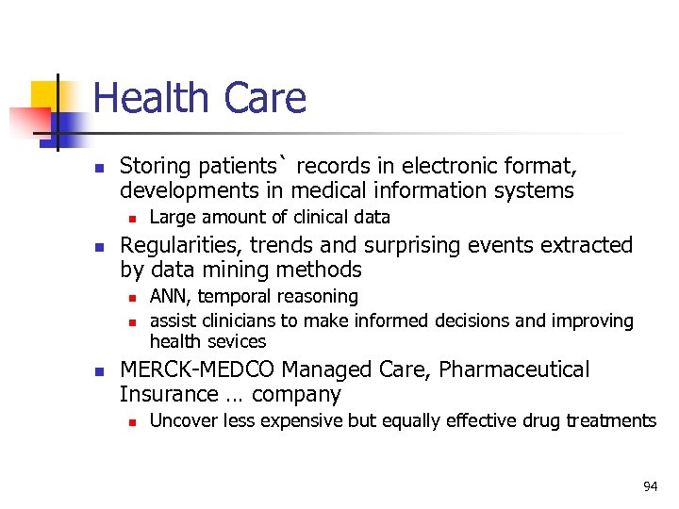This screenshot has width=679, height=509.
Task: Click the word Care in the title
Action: [265, 98]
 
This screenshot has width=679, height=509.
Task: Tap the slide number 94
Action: [650, 486]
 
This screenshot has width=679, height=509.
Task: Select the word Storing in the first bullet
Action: [156, 167]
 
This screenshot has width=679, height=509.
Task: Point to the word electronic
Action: [447, 167]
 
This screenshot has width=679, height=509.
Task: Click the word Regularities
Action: [176, 245]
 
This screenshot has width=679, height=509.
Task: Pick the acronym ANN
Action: [170, 297]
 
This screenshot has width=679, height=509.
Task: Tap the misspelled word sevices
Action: [238, 341]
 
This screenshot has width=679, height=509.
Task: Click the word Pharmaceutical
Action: [514, 369]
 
